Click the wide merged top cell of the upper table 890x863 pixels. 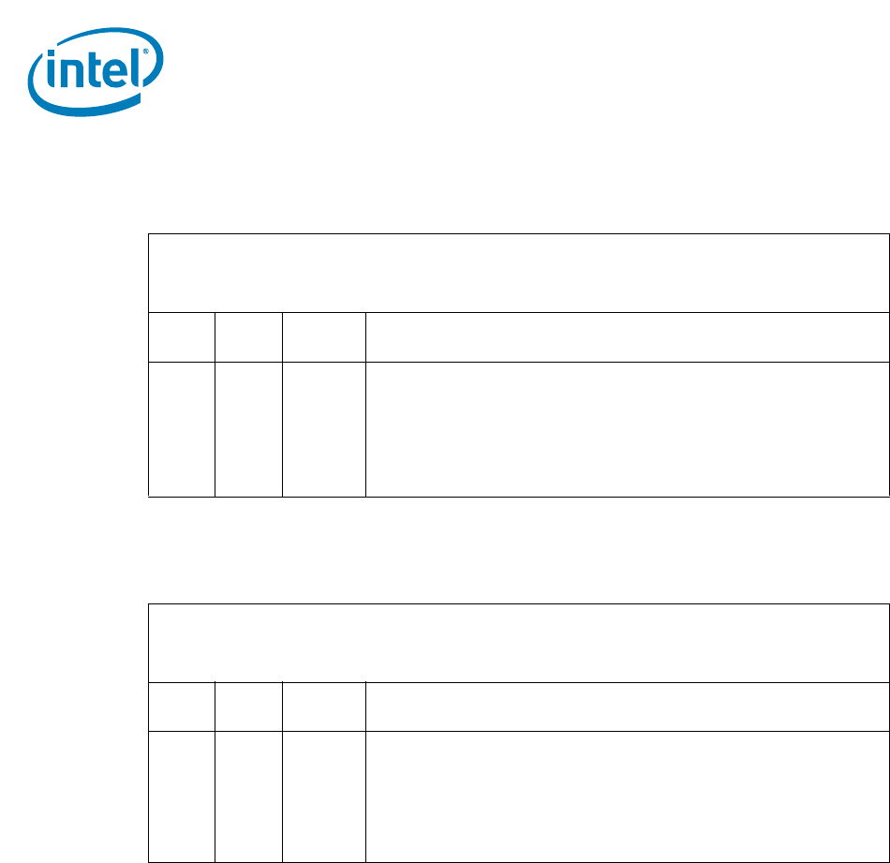tap(518, 273)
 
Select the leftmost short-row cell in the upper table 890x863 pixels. tap(182, 337)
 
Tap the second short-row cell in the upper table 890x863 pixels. tap(248, 337)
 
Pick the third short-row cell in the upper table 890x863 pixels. tap(323, 337)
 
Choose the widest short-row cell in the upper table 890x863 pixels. tap(627, 337)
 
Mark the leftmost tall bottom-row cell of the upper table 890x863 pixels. tap(182, 428)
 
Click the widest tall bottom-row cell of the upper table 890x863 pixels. tap(627, 428)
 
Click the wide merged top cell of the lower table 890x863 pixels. tap(518, 643)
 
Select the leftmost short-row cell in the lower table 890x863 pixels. tap(182, 707)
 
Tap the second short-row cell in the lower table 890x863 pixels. tap(248, 707)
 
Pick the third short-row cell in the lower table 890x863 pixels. tap(323, 707)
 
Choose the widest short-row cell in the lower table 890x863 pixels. tap(627, 707)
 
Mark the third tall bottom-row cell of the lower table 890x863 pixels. tap(323, 796)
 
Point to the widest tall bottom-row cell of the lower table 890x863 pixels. tap(627, 796)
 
